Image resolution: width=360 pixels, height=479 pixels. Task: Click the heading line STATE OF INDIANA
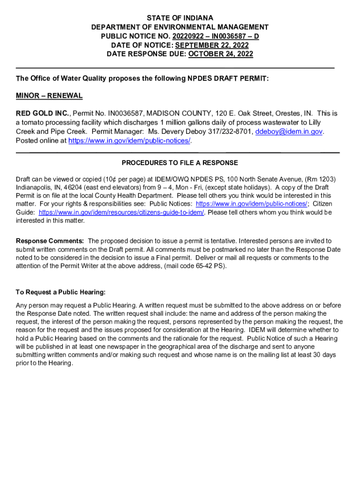tap(180, 18)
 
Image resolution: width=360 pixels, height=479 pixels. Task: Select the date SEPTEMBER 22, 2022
tap(212, 45)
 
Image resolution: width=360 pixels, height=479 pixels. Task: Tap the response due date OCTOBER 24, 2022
tap(220, 54)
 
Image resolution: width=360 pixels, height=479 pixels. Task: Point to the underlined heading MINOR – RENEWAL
tap(49, 96)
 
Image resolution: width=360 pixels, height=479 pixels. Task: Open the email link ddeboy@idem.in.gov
tap(289, 132)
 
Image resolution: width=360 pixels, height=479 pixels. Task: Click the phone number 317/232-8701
tap(233, 132)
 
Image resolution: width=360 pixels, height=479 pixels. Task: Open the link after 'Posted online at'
tap(130, 141)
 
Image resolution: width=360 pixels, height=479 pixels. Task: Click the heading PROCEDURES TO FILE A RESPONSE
tap(180, 163)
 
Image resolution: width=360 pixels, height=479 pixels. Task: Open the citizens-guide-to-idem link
tap(122, 212)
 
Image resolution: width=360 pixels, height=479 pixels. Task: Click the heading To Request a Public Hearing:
tap(61, 292)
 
